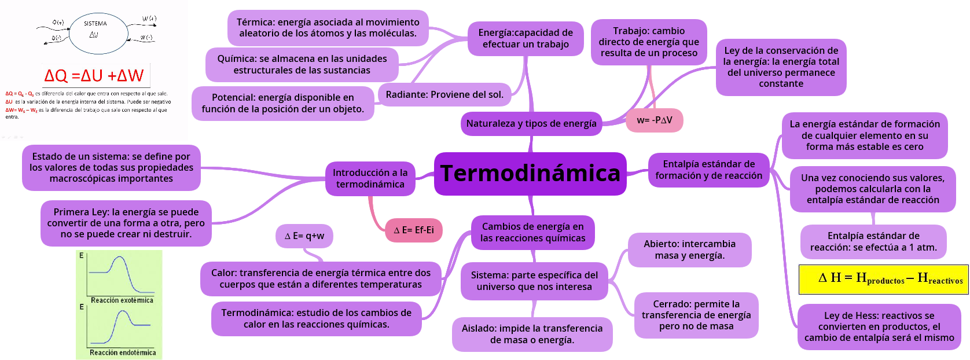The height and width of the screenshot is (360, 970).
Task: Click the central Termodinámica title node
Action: click(x=530, y=174)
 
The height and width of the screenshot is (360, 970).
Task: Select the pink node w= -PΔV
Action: click(x=655, y=120)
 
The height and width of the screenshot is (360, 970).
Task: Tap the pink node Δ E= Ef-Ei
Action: click(x=414, y=230)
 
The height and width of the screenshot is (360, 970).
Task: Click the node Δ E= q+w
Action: click(x=304, y=236)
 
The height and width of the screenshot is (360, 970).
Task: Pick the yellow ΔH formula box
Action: click(x=883, y=279)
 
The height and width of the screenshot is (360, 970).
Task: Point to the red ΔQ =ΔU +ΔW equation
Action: click(x=94, y=75)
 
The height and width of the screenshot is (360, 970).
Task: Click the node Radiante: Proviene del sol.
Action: click(x=444, y=94)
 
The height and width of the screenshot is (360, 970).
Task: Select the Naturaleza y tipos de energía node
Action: click(x=531, y=123)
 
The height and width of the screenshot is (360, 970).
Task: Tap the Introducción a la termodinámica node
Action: click(x=370, y=178)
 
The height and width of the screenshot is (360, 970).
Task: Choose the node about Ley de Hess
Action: click(x=879, y=326)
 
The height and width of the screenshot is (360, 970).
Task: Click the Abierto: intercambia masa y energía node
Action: click(x=689, y=249)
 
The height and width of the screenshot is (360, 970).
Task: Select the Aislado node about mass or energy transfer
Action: click(x=532, y=334)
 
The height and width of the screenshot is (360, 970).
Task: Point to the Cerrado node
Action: click(x=696, y=315)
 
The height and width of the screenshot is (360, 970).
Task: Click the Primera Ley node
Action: click(x=126, y=223)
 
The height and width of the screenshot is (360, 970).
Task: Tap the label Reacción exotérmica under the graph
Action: click(x=122, y=300)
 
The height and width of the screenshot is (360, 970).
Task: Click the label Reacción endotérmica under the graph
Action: click(x=123, y=352)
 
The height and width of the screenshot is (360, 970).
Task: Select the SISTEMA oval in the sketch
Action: click(x=96, y=32)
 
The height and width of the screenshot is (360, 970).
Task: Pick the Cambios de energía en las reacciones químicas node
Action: click(x=532, y=232)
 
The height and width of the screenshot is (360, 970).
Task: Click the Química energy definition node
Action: click(x=302, y=64)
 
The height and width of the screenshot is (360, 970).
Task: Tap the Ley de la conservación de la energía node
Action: click(x=781, y=67)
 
